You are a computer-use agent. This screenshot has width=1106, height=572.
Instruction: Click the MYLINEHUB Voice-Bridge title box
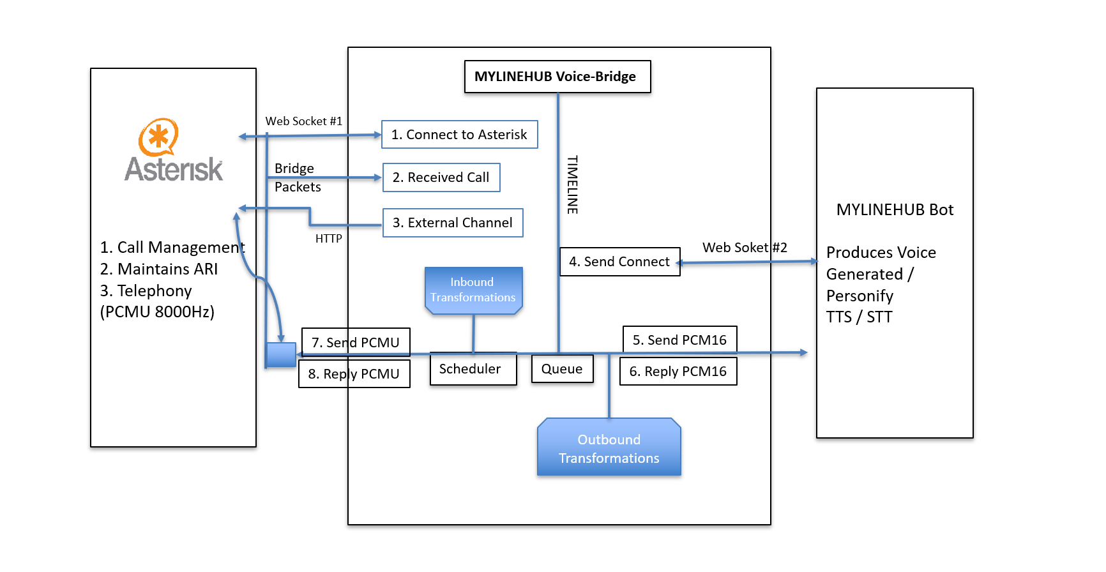[557, 77]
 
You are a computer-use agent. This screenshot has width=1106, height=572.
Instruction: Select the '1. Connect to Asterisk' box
[459, 135]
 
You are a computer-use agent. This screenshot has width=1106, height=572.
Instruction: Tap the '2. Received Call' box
[441, 177]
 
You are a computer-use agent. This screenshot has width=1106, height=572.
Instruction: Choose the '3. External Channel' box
[453, 223]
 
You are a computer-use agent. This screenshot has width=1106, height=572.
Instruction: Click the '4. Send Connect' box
[619, 262]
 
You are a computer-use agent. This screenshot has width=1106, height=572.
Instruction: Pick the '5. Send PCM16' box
[679, 340]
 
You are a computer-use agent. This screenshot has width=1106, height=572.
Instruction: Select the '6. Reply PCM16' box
[678, 372]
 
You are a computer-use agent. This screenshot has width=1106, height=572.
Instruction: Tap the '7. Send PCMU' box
[356, 342]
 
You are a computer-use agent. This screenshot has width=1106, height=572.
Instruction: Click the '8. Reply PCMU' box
[354, 374]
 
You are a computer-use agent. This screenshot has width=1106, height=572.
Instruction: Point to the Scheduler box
[473, 370]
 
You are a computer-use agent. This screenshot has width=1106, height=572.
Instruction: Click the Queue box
[562, 369]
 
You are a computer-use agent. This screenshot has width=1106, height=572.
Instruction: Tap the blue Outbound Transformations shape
[609, 448]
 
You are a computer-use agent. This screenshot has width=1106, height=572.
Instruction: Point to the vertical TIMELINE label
[572, 184]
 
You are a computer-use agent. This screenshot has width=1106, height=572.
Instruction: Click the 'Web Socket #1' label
[304, 121]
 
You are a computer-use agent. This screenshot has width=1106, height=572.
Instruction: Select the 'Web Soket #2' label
[745, 248]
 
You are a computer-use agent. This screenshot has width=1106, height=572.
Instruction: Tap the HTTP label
[329, 239]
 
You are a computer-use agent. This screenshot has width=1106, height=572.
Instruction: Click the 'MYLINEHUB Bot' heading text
[895, 210]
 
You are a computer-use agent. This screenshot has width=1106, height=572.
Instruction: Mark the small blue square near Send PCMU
[281, 354]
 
